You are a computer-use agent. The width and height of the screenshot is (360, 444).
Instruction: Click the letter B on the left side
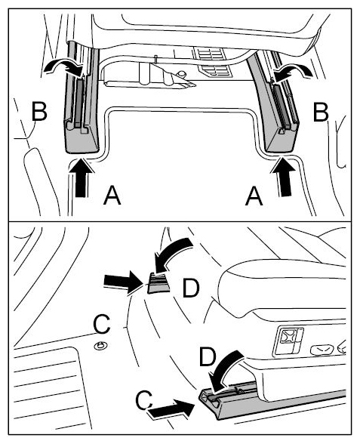[x=39, y=111]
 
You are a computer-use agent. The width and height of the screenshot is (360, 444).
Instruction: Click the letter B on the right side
[x=321, y=111]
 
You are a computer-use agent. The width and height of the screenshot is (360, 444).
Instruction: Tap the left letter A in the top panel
[x=112, y=195]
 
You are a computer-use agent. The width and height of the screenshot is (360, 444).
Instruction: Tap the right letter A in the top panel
[x=254, y=196]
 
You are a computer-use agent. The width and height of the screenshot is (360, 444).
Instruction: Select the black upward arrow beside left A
[x=81, y=177]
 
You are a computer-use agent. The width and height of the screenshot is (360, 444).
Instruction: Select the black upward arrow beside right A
[x=284, y=177]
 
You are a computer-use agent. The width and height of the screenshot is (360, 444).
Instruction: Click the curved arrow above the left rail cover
[x=65, y=67]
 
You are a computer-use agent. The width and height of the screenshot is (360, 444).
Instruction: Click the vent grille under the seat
[x=212, y=63]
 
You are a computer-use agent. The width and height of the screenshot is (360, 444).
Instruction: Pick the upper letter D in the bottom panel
[x=191, y=288]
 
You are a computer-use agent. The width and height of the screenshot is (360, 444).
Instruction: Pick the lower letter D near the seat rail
[x=208, y=356]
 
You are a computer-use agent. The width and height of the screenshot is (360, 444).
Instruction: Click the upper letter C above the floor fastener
[x=102, y=324]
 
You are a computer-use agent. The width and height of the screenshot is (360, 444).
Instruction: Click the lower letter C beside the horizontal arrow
[x=144, y=400]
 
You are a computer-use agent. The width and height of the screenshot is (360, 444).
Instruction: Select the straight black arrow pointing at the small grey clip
[x=123, y=282]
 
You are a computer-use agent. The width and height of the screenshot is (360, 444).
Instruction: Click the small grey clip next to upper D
[x=158, y=283]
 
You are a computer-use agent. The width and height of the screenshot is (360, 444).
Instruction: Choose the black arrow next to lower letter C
[x=171, y=408]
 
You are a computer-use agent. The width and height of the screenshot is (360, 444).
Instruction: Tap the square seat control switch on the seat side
[x=288, y=341]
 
